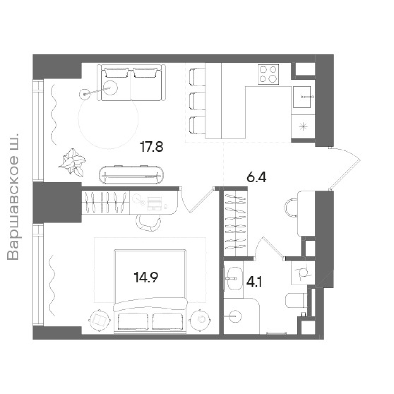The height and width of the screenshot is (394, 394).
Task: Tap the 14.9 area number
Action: coord(146,277)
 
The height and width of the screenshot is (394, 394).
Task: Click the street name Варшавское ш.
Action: coord(13,197)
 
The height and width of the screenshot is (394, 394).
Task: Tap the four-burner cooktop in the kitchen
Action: coord(268,75)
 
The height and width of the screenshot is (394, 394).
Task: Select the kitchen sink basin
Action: coord(302,97)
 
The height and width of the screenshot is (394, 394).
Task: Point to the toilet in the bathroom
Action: coord(296,300)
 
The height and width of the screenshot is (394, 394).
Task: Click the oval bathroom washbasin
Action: coord(235,278)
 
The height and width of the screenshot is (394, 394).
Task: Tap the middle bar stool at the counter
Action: coord(197,101)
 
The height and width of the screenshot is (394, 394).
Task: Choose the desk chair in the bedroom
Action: coord(148,223)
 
